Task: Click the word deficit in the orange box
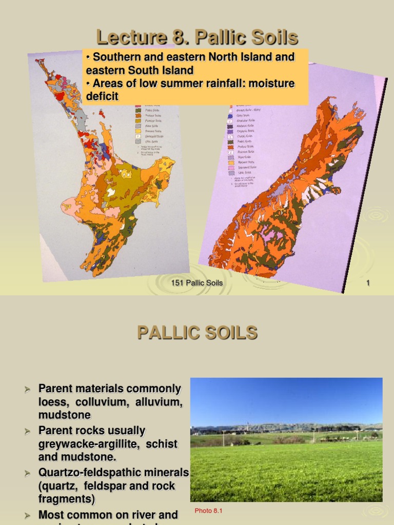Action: [102, 96]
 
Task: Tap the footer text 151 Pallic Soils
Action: [196, 283]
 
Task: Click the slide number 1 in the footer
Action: [368, 283]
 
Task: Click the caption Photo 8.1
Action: [208, 511]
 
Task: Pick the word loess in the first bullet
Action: [52, 402]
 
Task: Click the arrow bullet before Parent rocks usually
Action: [29, 431]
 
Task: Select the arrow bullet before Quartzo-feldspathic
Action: [29, 473]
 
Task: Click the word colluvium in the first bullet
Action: [100, 402]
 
